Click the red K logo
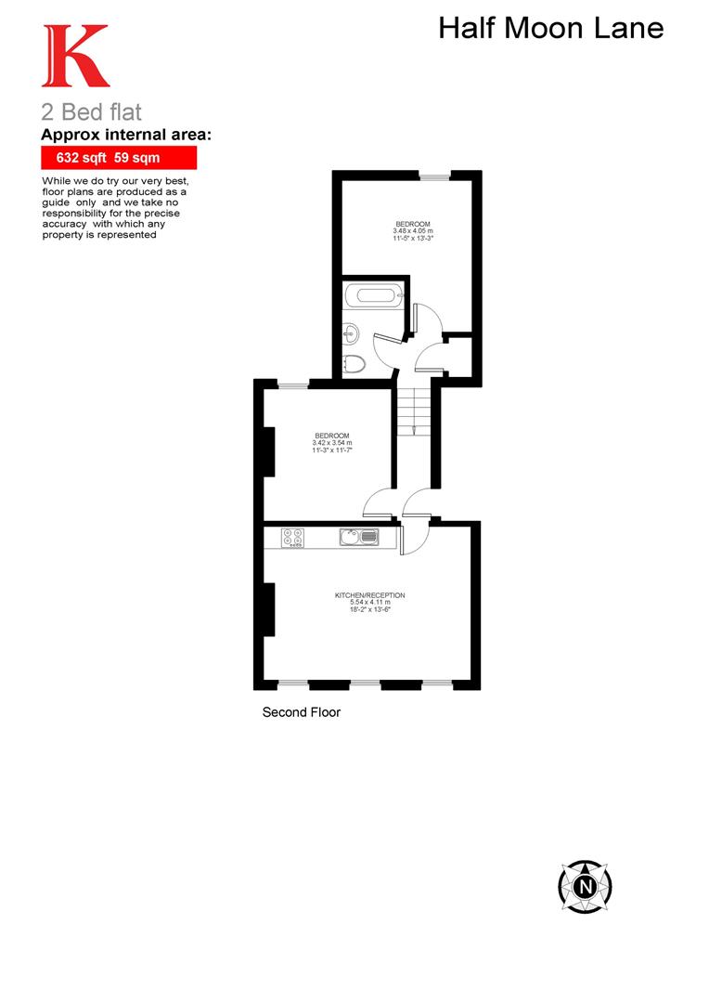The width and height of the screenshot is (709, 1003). (76, 58)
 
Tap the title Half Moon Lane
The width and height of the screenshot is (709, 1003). (550, 29)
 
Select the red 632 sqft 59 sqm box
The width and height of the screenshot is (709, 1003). (119, 158)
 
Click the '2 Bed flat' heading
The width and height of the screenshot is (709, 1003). (91, 112)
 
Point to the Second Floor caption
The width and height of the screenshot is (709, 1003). (302, 713)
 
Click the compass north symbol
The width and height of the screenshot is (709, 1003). (586, 885)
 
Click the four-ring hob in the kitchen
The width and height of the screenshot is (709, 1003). (293, 537)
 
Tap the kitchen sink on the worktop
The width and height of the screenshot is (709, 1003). (358, 537)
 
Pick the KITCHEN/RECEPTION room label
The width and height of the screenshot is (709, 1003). (370, 595)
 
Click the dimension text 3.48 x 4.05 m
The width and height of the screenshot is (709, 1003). (413, 232)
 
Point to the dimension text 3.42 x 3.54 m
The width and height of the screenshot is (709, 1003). (331, 444)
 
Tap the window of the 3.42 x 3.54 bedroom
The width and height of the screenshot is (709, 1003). (294, 384)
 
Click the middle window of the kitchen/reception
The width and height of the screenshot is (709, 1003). (365, 684)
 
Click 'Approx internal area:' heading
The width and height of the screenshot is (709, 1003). (126, 136)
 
